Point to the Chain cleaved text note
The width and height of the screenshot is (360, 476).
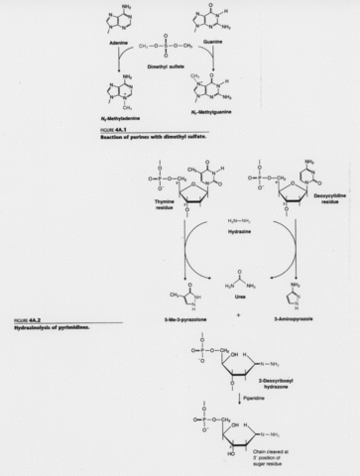[293, 455]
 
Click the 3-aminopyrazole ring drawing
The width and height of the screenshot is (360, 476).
[294, 296]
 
